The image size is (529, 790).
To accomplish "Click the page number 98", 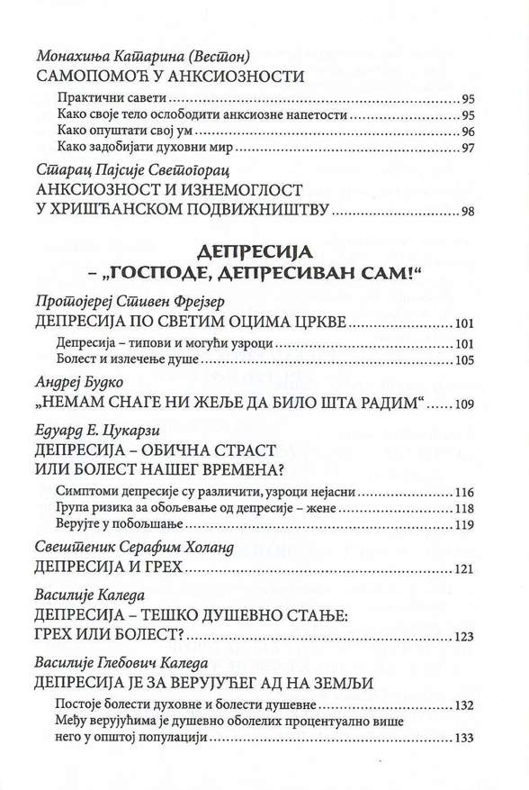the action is click(x=467, y=213).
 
